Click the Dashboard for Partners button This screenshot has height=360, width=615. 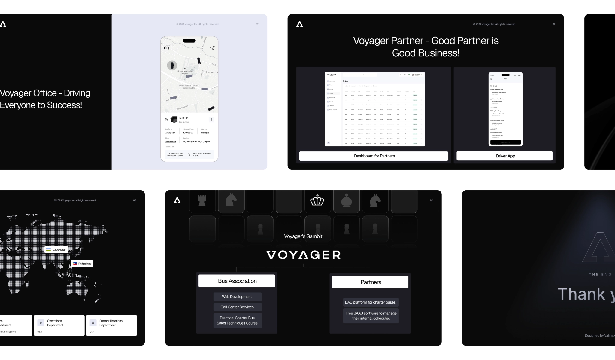pos(374,156)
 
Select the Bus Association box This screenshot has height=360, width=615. pos(237,281)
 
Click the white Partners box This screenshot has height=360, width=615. pos(370,282)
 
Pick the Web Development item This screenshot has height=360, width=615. pos(237,297)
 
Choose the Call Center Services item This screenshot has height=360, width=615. pos(237,307)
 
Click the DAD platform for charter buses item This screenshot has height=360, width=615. pos(371,302)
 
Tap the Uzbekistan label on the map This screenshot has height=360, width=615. pos(56,249)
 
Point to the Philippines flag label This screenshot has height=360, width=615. pos(82,264)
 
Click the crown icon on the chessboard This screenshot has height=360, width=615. pos(317,200)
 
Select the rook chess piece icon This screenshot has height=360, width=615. pos(202,200)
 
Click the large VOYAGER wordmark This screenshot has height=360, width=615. pos(303,255)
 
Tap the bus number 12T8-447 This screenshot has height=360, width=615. pos(184,118)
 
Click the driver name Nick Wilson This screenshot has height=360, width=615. pos(170,142)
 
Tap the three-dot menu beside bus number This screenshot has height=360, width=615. pos(211,120)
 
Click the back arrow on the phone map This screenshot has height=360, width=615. pos(167,48)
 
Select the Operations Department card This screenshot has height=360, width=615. pos(59,325)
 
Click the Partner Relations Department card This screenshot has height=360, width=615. pos(111,325)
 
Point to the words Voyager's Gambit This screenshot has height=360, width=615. pos(303,236)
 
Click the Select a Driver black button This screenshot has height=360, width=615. pos(505,142)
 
